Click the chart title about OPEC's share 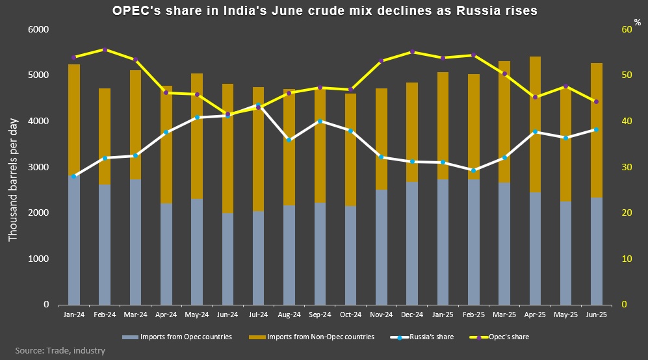pyautogui.click(x=324, y=10)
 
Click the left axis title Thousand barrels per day pyautogui.click(x=12, y=167)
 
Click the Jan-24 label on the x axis pyautogui.click(x=74, y=314)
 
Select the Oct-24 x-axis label pyautogui.click(x=351, y=314)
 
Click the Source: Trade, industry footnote pyautogui.click(x=60, y=351)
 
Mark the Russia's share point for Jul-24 pyautogui.click(x=259, y=105)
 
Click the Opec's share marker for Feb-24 pyautogui.click(x=105, y=49)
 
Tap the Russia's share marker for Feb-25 pyautogui.click(x=474, y=170)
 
